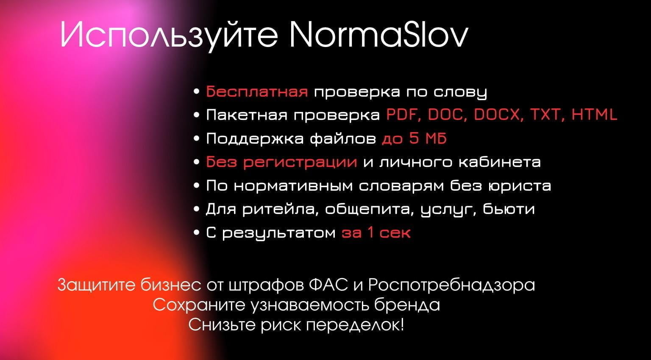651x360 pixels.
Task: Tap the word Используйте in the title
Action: (169, 35)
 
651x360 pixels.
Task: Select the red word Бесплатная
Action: (257, 91)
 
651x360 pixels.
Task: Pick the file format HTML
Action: (594, 115)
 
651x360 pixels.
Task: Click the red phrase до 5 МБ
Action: (414, 138)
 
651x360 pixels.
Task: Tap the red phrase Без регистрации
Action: (281, 162)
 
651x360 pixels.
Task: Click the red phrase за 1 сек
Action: (376, 233)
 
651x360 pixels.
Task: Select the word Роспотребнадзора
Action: (451, 285)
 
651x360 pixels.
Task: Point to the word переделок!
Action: (355, 325)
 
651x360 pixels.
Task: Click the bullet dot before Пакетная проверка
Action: (196, 115)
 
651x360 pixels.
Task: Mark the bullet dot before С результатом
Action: (196, 233)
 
